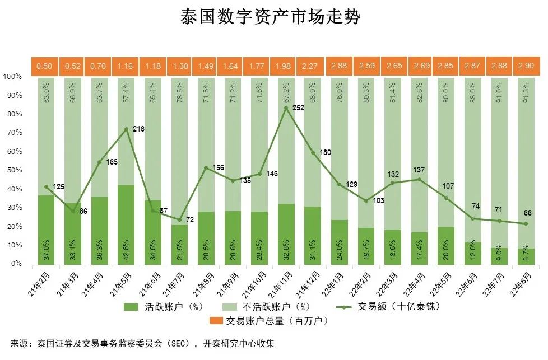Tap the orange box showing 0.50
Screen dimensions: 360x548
(44, 66)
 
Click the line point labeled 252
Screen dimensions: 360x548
(286, 107)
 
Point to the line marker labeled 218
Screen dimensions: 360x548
(126, 129)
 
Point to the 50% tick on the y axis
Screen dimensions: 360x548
(13, 170)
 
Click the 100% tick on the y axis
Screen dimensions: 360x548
(12, 76)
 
